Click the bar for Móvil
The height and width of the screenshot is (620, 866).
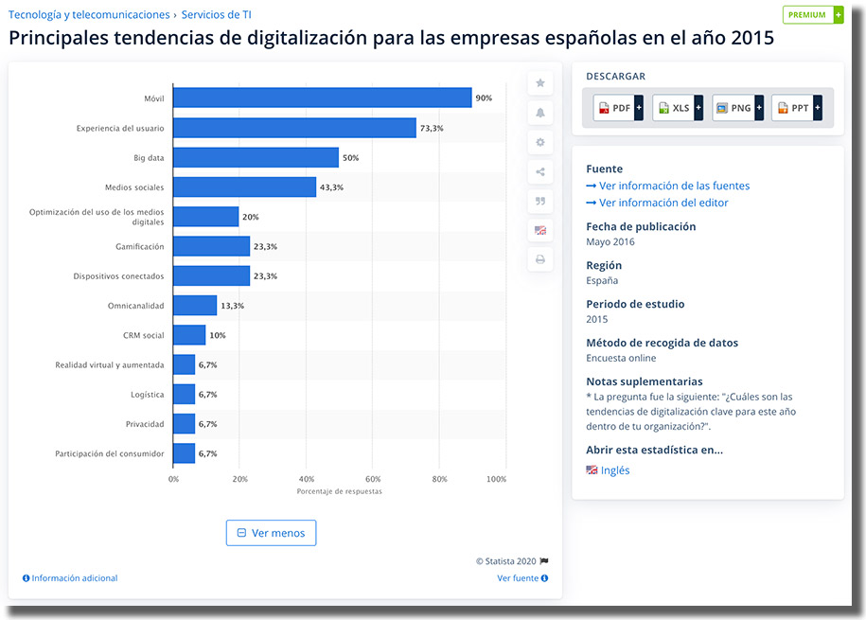[x=322, y=97]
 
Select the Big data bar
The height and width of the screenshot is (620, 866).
[x=256, y=157]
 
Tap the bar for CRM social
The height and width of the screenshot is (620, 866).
[x=189, y=335]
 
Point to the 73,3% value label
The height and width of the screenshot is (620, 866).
[x=433, y=128]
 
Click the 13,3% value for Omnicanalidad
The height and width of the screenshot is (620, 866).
[x=233, y=306]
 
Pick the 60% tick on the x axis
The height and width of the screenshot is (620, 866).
[x=373, y=479]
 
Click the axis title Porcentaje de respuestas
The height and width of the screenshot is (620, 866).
[x=339, y=492]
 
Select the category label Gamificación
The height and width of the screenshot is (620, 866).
[x=140, y=246]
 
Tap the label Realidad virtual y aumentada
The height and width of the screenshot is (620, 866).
[x=110, y=364]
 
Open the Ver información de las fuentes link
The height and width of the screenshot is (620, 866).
[x=674, y=186]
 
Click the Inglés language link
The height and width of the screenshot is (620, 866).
[x=614, y=470]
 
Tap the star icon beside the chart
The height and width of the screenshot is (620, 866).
[x=540, y=83]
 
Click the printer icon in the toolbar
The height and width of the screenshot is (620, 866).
[x=540, y=259]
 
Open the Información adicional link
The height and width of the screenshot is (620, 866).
[x=74, y=578]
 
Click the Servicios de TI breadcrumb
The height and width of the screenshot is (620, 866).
[x=216, y=14]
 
